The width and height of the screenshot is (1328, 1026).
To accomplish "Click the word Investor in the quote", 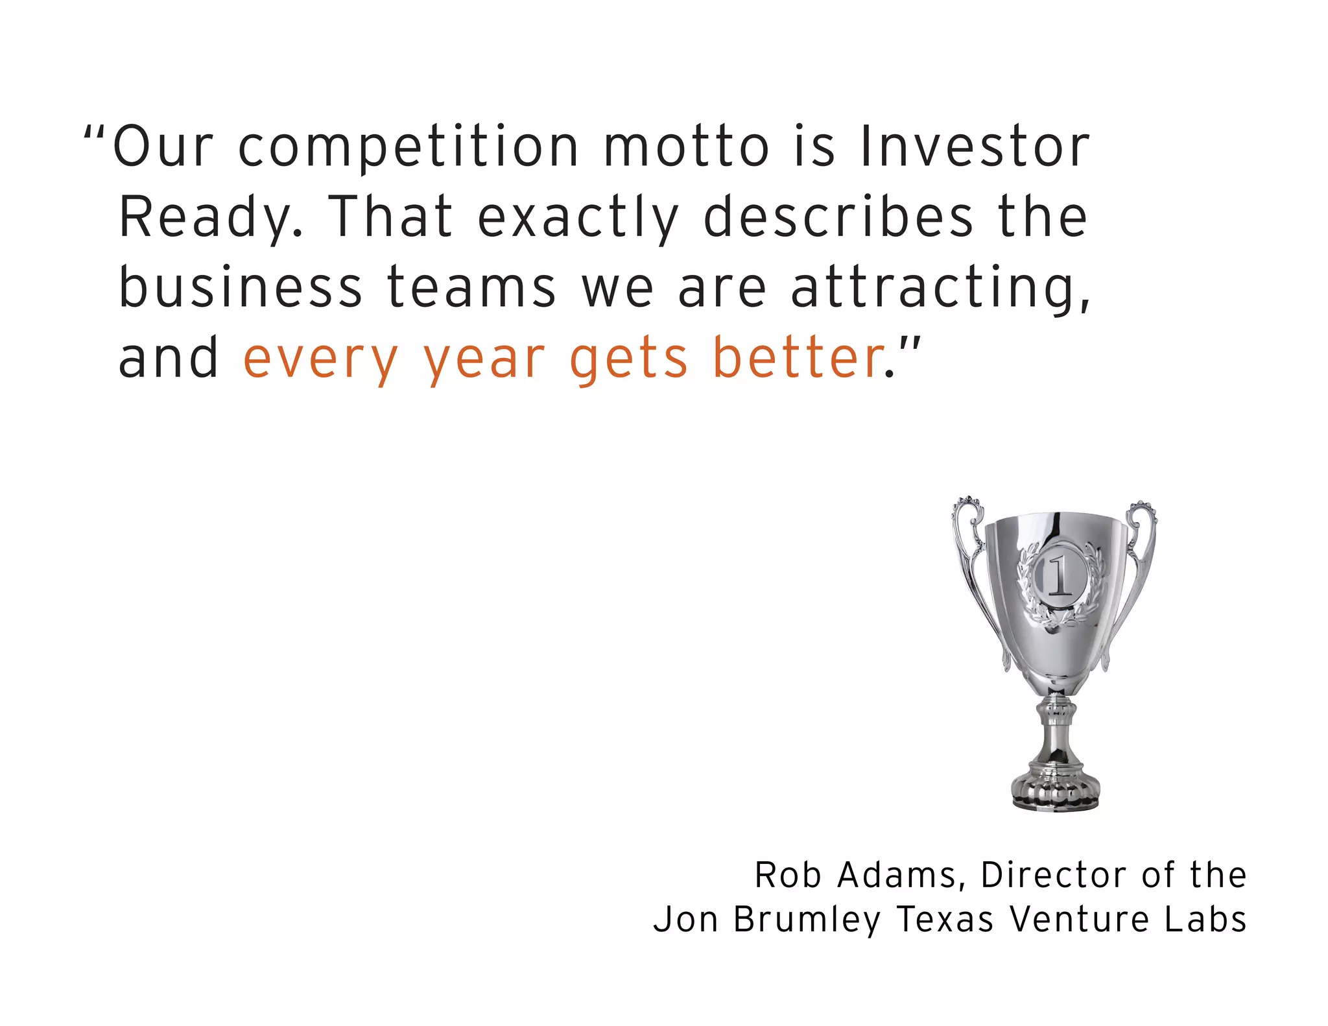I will [x=975, y=147].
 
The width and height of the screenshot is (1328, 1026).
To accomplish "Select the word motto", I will [x=687, y=147].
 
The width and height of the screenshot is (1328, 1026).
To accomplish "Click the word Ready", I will [x=211, y=218].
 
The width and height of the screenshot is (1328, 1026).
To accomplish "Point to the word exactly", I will [x=578, y=218].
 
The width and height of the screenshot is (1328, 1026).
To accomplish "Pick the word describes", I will [x=838, y=217].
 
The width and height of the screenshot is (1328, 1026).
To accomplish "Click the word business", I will [x=241, y=287].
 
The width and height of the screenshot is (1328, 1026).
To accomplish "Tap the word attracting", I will [x=940, y=289].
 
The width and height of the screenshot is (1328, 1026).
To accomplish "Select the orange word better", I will [x=799, y=358].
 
